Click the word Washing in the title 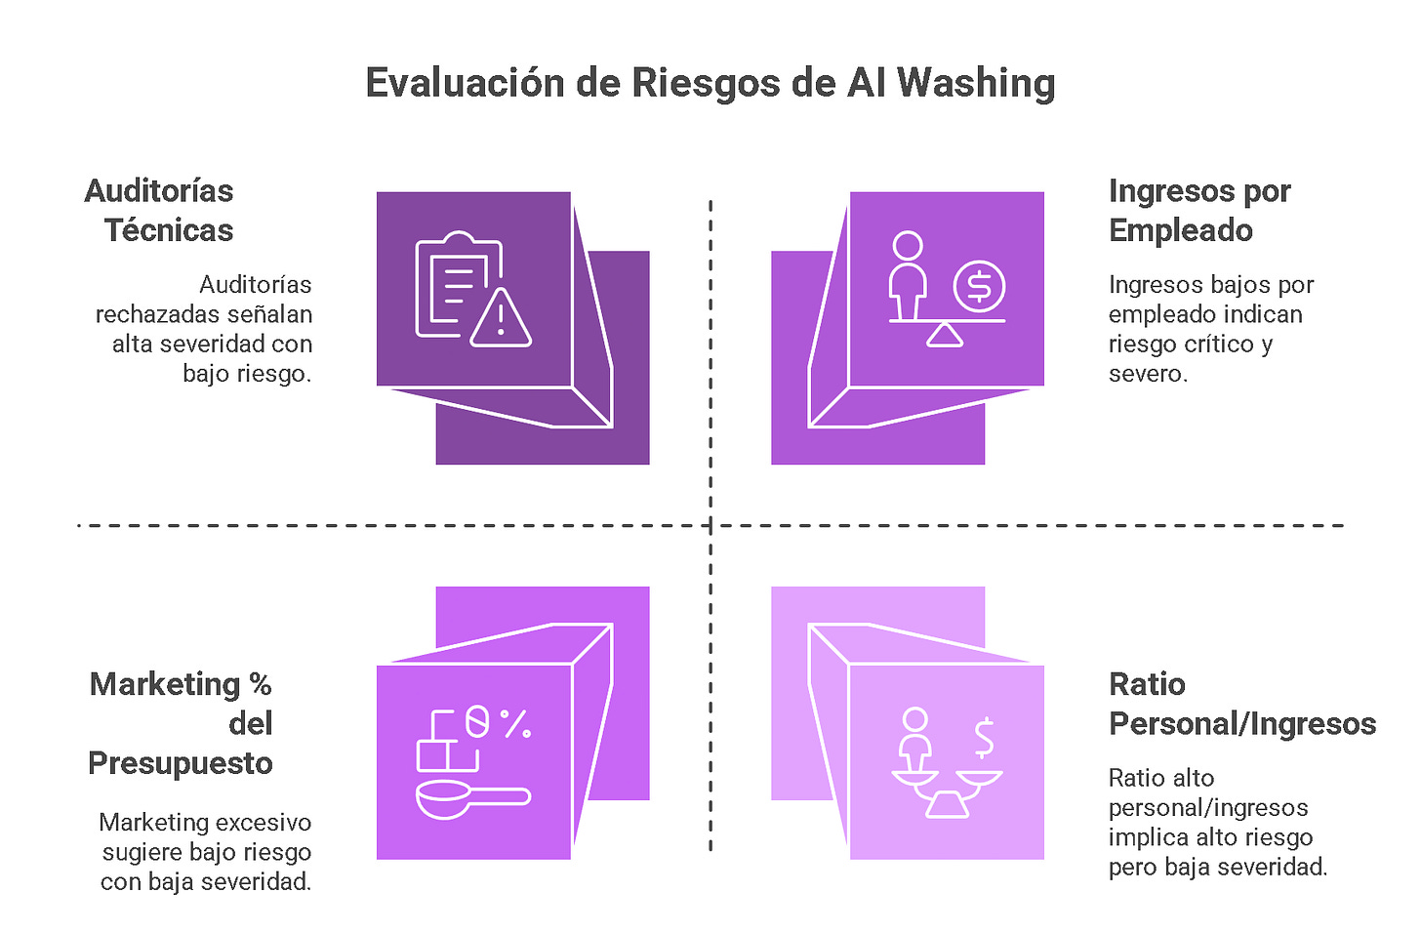pos(976,84)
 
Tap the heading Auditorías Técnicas pos(160,210)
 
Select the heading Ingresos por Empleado pos(1198,210)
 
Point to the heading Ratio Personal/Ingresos pos(1241,704)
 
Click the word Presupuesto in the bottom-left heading pos(181,762)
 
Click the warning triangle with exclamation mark pos(501,318)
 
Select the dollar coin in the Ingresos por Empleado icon pos(979,287)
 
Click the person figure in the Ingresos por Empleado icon pos(908,274)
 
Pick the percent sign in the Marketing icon pos(515,723)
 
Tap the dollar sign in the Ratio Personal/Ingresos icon pos(984,738)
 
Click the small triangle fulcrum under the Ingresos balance pos(945,336)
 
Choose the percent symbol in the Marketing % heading pos(260,684)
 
